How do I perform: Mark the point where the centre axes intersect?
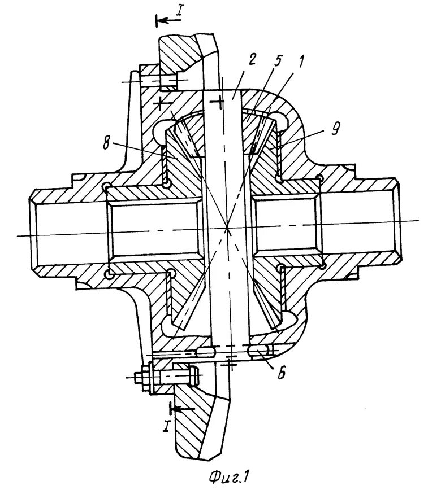pyautogui.click(x=226, y=228)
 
